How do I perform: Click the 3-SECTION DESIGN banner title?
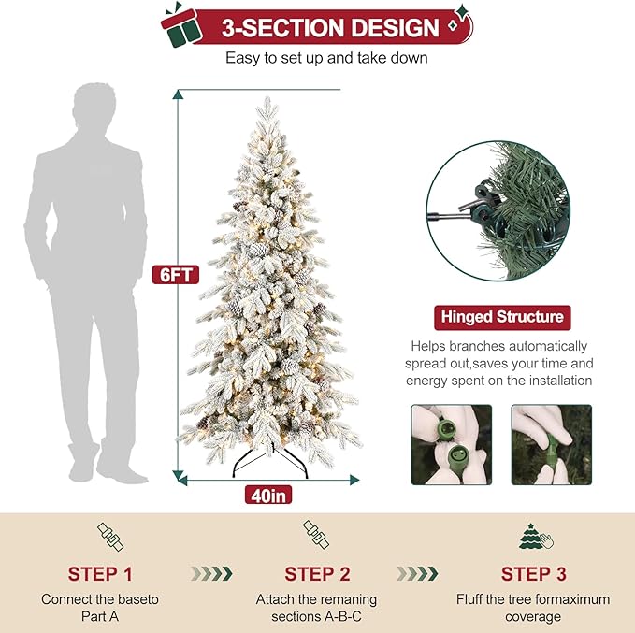click(x=330, y=27)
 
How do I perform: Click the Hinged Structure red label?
click(x=501, y=317)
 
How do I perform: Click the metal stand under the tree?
click(x=268, y=463)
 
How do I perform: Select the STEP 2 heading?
click(x=317, y=573)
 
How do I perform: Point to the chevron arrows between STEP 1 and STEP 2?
click(x=210, y=573)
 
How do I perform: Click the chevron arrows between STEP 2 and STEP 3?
click(x=418, y=573)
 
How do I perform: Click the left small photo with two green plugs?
click(x=452, y=444)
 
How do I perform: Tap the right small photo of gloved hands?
click(x=551, y=444)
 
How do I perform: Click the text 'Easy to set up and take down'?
click(x=326, y=58)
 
